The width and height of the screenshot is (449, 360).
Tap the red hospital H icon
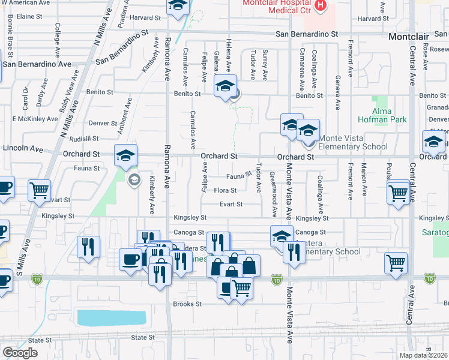click(x=321, y=5)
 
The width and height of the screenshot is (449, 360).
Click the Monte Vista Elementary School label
click(x=353, y=146)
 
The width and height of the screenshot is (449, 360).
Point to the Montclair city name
click(x=409, y=37)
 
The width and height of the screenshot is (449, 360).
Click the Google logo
click(x=20, y=353)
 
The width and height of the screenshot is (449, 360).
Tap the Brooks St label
click(x=187, y=304)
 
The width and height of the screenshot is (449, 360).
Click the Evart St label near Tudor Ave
click(x=231, y=204)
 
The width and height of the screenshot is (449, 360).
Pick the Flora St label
click(x=225, y=191)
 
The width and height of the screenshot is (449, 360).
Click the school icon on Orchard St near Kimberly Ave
click(x=126, y=156)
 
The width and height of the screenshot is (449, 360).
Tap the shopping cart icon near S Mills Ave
click(x=40, y=190)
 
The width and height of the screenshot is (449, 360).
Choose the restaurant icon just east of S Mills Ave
click(x=88, y=247)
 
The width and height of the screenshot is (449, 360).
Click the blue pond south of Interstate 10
click(x=112, y=317)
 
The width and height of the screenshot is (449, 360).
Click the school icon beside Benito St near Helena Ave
click(x=225, y=86)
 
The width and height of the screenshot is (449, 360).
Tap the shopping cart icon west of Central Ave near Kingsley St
click(x=399, y=193)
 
